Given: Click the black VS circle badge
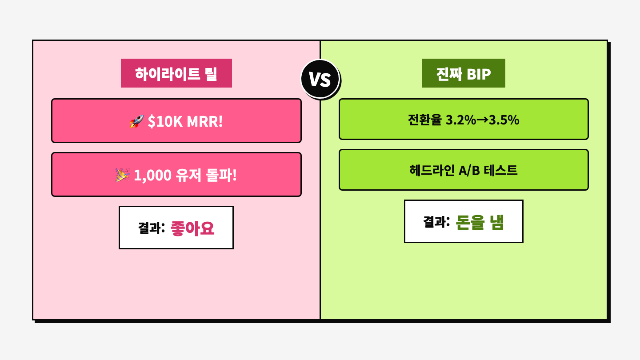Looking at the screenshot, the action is coord(320,79).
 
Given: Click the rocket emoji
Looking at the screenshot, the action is coord(136,121).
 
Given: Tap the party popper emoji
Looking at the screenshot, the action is coord(122,175).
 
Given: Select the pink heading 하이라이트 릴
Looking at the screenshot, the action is coord(176,73).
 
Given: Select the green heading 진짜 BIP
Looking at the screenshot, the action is coord(464,73).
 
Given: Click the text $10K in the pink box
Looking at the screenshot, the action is coord(165,121).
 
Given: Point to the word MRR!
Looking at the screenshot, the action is coord(204,121).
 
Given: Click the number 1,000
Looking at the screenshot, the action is coord(152,176).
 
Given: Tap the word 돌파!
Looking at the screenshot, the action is coord(221,175).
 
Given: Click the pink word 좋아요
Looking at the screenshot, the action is coord(192,228).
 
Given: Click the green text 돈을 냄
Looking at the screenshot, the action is coord(480,222).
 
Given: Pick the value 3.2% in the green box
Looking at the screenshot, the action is coord(461,120).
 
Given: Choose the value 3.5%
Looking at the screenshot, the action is coord(504,120).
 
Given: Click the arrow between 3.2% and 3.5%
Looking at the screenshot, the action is coord(483,120).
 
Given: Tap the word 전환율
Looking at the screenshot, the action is coord(425,120).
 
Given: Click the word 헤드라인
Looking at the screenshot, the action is coord(432,170).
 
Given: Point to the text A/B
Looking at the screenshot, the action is coord(469,171).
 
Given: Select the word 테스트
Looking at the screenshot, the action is coord(500,170).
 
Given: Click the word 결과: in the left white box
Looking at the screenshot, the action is coord(152,228).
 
